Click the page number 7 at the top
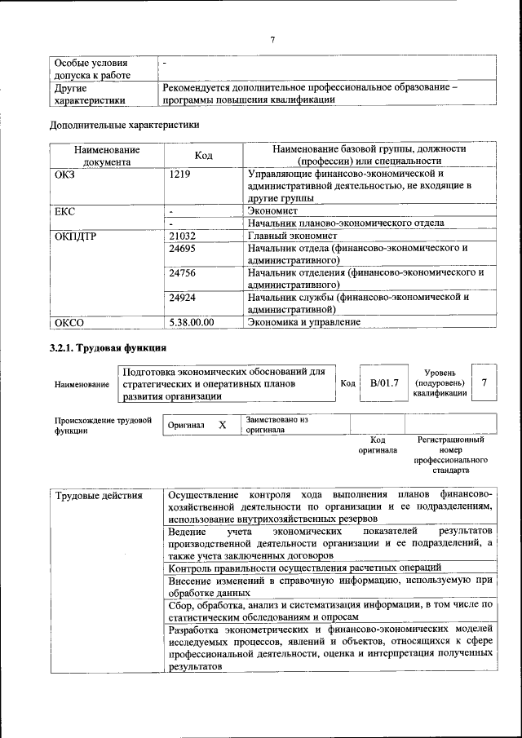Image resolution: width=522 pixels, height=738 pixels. (x=273, y=39)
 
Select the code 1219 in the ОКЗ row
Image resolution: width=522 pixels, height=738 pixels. (x=181, y=174)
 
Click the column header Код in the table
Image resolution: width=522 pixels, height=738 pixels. (x=204, y=156)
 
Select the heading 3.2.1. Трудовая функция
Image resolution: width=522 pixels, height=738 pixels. (x=102, y=348)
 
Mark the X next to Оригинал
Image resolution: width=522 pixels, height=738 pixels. (x=222, y=425)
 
